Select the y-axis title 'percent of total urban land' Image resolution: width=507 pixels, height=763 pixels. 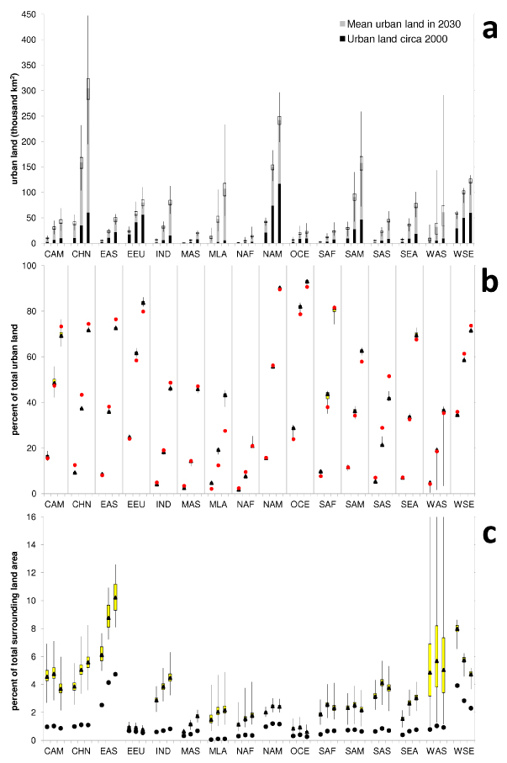click(12, 379)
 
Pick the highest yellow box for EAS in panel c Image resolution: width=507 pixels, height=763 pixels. click(115, 596)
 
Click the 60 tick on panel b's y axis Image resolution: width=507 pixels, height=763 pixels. click(34, 358)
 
